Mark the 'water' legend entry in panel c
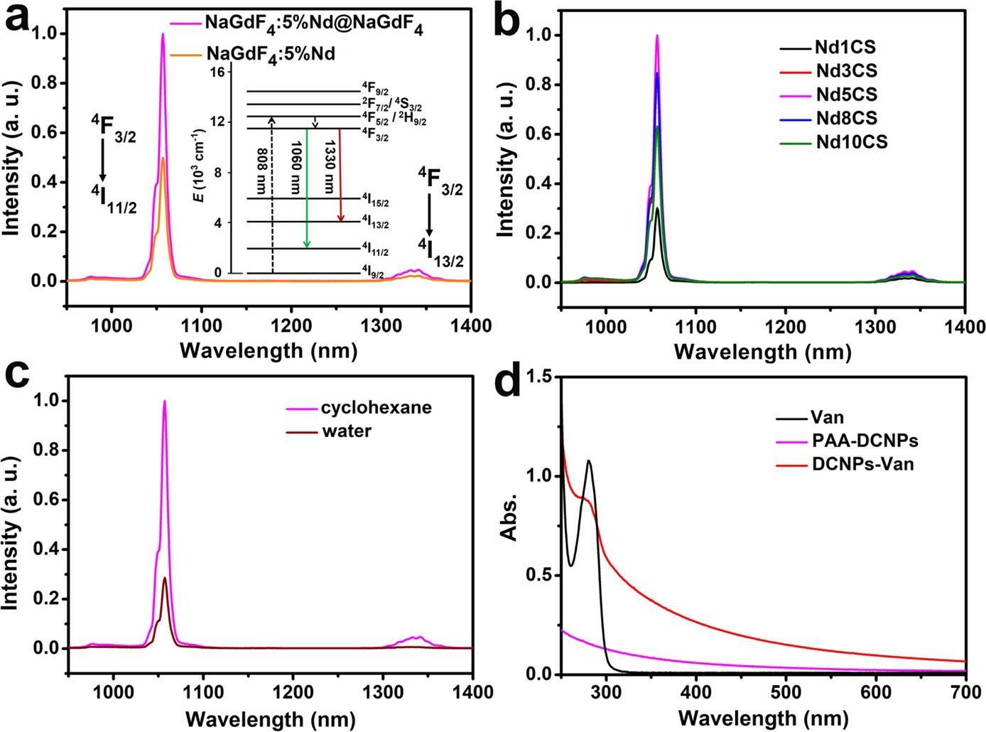tap(346, 431)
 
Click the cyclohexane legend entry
tap(376, 408)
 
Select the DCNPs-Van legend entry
tap(862, 464)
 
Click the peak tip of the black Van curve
tap(588, 461)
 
